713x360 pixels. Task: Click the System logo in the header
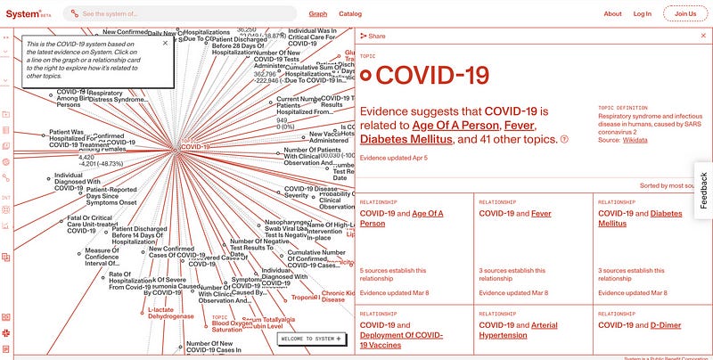tap(25, 14)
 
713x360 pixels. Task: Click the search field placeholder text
tap(122, 14)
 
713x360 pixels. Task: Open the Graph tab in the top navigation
tap(317, 14)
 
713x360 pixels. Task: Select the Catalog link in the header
tap(350, 14)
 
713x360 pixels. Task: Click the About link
tap(612, 14)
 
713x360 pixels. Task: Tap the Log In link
tap(642, 14)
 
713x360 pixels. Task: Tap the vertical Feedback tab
tap(702, 190)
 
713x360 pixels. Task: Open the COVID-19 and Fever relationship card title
tap(515, 214)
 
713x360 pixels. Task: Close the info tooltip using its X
tap(164, 42)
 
